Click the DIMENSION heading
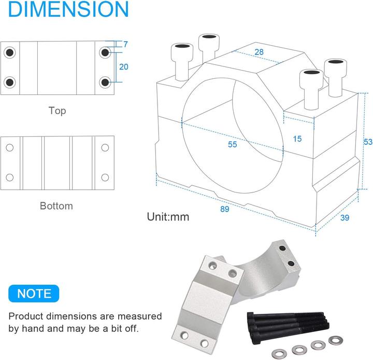coord(64,10)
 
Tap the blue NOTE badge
coord(35,294)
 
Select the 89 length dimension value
coord(224,209)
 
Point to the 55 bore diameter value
coord(232,144)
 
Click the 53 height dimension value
coord(368,142)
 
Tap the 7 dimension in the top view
coord(125,45)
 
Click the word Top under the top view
coord(58,110)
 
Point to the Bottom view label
coord(56,206)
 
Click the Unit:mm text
coord(168,217)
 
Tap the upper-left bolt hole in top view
coord(9,52)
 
